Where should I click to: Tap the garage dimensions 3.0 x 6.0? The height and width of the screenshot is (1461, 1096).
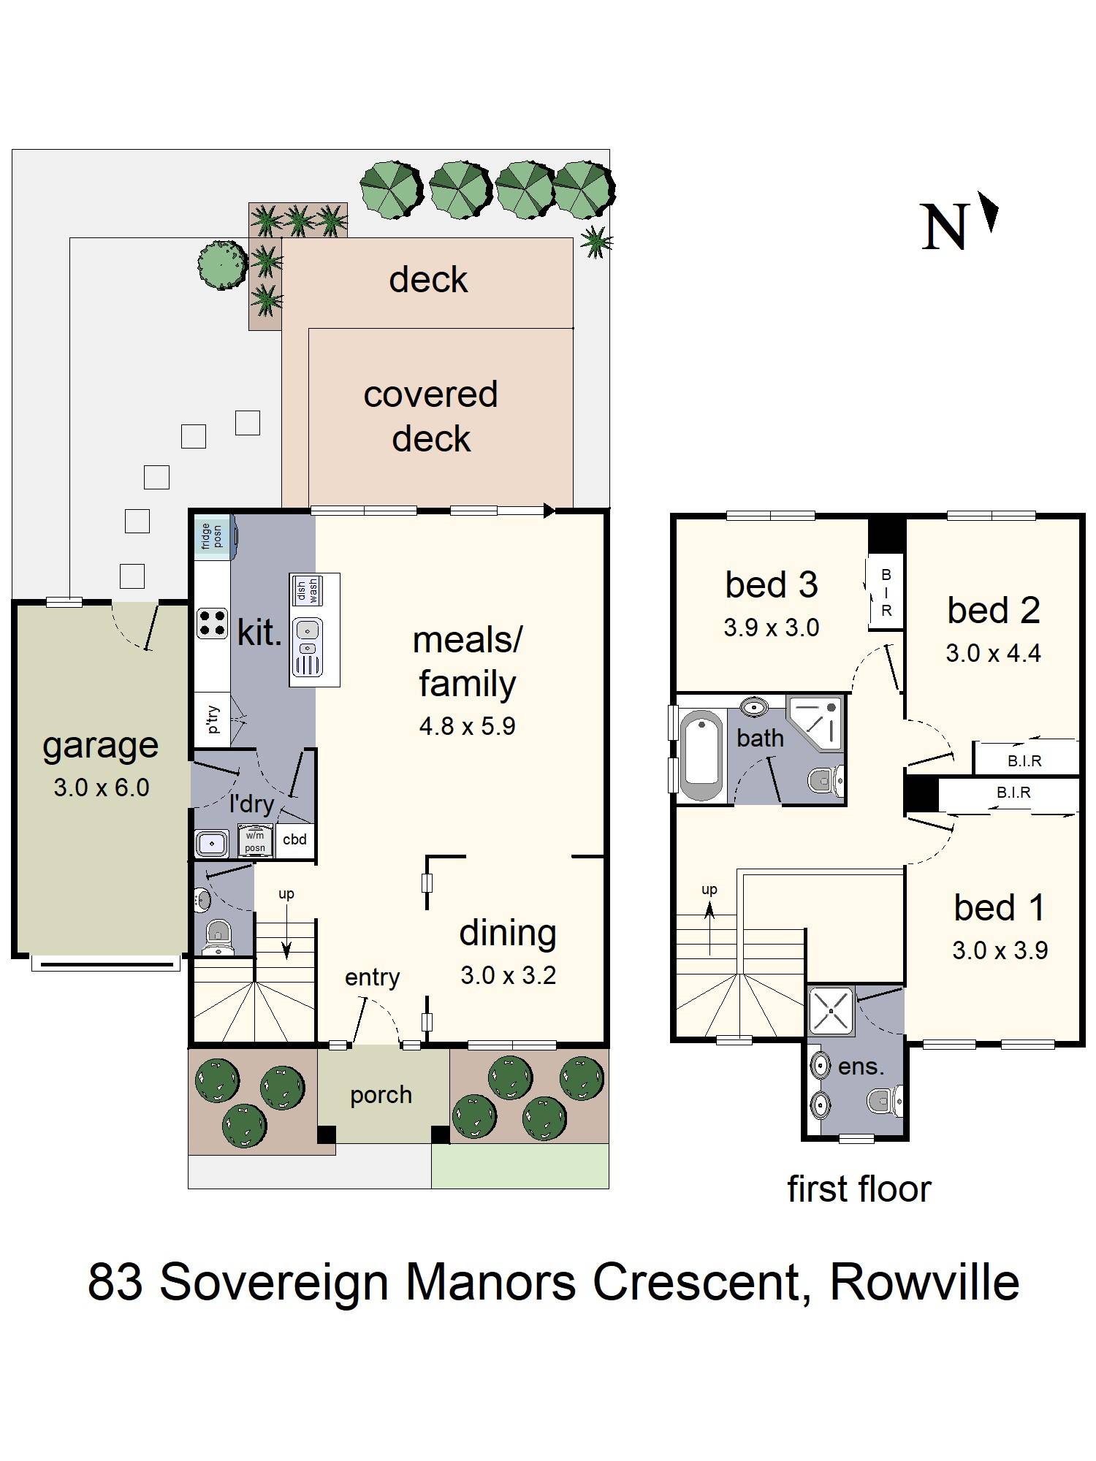(x=101, y=787)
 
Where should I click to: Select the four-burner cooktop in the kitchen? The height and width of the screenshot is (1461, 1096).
(x=212, y=623)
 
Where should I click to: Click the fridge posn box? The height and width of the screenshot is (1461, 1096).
(x=213, y=536)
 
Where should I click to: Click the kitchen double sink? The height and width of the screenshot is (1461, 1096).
(x=308, y=646)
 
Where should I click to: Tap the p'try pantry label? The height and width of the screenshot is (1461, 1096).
(x=213, y=719)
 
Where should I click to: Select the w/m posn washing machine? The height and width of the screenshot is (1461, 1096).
(x=255, y=842)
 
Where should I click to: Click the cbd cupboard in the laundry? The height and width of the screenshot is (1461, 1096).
(x=295, y=839)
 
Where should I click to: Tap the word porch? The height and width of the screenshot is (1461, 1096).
(x=381, y=1095)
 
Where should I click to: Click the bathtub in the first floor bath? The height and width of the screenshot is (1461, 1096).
(x=701, y=755)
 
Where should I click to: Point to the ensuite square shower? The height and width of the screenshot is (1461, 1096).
(x=831, y=1011)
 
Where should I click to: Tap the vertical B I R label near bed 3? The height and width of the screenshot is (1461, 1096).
(x=886, y=592)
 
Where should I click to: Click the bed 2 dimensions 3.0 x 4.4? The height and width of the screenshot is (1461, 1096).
(x=993, y=653)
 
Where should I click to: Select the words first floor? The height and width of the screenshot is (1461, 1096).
(x=859, y=1189)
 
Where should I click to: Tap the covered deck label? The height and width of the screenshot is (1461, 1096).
(x=431, y=416)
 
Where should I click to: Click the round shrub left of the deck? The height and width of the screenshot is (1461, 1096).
(x=222, y=264)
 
